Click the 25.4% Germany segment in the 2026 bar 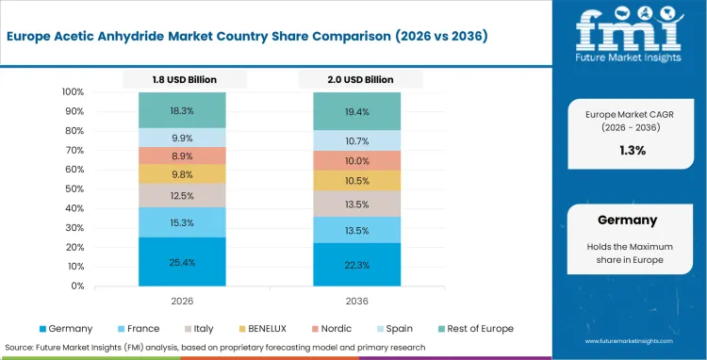[x=183, y=261]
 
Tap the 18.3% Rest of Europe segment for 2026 [x=183, y=110]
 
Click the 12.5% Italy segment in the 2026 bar [x=183, y=195]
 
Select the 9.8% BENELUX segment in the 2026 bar [x=183, y=174]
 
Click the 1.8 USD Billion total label [x=183, y=79]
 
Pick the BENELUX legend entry [x=269, y=329]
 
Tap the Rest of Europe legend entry [x=476, y=329]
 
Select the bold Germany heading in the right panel [x=627, y=220]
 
